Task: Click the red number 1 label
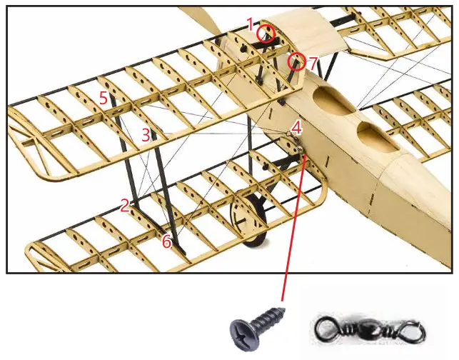251,24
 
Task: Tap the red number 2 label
125,206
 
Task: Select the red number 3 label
146,134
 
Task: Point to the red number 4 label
296,129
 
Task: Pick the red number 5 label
104,98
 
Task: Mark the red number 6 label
166,242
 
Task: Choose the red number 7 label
312,64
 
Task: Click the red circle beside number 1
266,33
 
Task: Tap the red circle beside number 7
296,62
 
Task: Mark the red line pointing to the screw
295,229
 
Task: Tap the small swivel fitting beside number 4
288,134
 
